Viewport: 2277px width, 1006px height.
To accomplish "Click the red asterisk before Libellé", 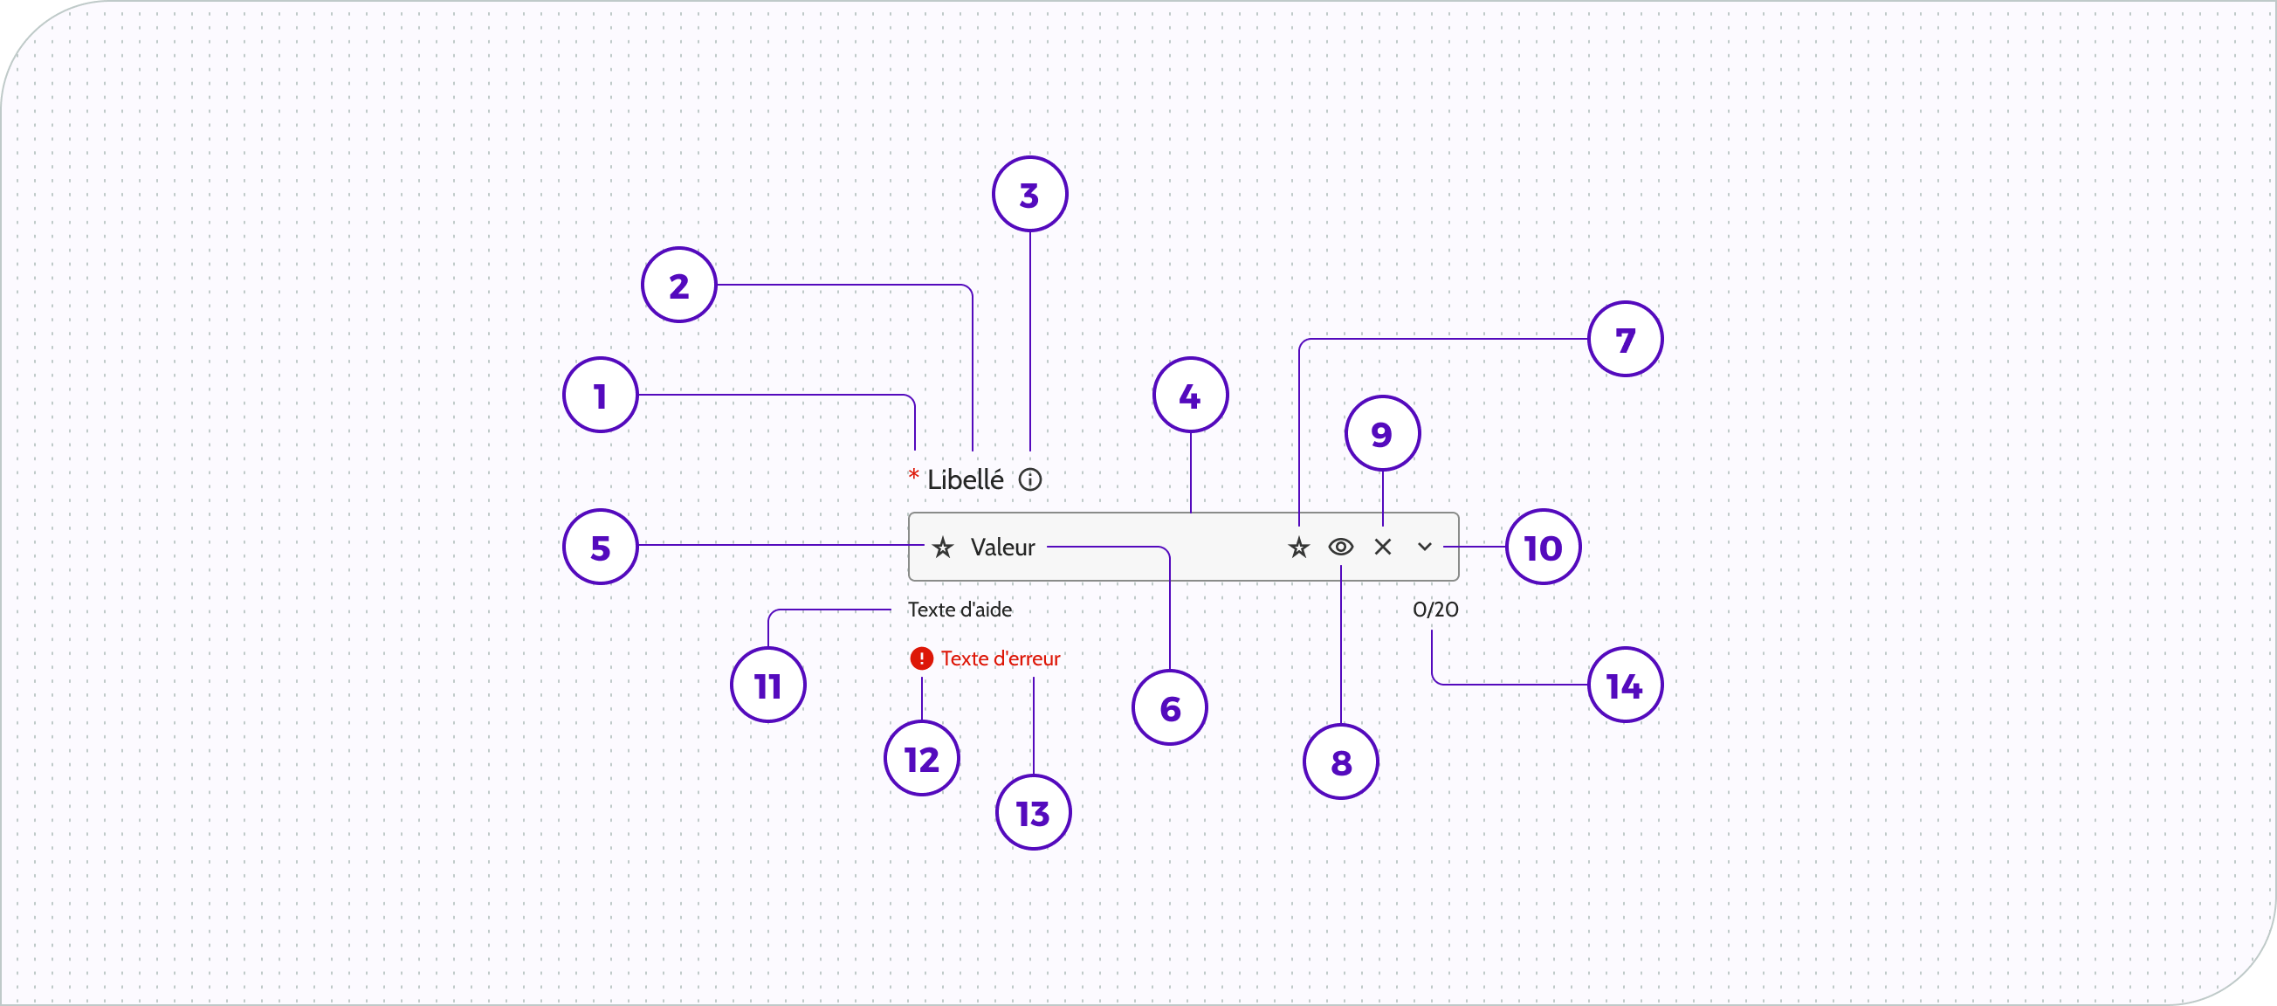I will [x=914, y=476].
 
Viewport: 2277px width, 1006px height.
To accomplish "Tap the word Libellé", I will [x=966, y=480].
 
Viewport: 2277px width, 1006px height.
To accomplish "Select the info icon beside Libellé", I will [x=1029, y=480].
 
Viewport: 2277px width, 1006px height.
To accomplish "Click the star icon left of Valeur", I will [x=943, y=548].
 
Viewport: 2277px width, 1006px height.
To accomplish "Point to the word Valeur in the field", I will [x=1002, y=548].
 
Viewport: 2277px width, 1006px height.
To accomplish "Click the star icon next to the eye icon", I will [x=1298, y=548].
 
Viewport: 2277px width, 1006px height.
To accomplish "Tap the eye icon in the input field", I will [x=1341, y=548].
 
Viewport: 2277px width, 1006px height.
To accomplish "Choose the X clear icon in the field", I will [x=1383, y=548].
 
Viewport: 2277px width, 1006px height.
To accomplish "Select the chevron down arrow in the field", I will [x=1425, y=548].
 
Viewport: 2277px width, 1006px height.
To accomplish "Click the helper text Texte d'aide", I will [x=960, y=610].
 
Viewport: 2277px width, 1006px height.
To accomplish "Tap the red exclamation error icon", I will [x=922, y=658].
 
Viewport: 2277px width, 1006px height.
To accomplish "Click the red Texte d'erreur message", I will [x=1001, y=659].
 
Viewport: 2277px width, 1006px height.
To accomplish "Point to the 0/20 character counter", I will [x=1435, y=610].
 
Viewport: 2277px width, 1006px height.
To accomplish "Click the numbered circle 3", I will [x=1029, y=195].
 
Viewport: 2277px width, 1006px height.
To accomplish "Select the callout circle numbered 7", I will [x=1626, y=340].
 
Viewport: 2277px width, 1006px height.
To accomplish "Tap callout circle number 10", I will [x=1544, y=548].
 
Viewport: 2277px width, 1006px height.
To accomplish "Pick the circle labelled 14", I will [x=1626, y=686].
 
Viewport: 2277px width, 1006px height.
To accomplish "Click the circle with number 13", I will [x=1034, y=812].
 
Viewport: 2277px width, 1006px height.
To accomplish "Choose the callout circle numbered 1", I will [x=601, y=395].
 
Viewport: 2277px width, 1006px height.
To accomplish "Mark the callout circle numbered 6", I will [x=1170, y=707].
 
